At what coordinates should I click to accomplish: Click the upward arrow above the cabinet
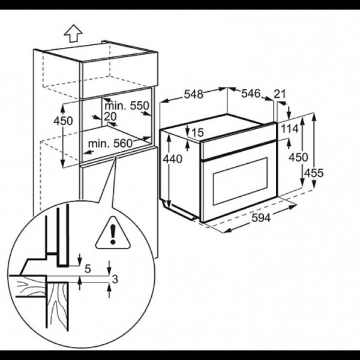pyautogui.click(x=73, y=33)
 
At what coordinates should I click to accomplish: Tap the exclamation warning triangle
pyautogui.click(x=113, y=233)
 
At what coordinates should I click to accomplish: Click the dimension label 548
pyautogui.click(x=194, y=94)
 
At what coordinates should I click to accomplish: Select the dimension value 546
pyautogui.click(x=251, y=93)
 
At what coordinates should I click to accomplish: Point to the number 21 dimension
pyautogui.click(x=280, y=94)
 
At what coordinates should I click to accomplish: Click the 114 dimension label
pyautogui.click(x=290, y=128)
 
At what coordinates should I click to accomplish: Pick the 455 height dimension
pyautogui.click(x=314, y=173)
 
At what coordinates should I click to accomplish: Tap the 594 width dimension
pyautogui.click(x=261, y=217)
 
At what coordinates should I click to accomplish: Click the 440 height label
pyautogui.click(x=172, y=158)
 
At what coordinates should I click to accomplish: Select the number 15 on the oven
pyautogui.click(x=197, y=133)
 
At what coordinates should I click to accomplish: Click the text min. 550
pyautogui.click(x=127, y=106)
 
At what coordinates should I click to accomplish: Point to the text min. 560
pyautogui.click(x=110, y=143)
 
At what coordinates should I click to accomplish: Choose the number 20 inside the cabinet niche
pyautogui.click(x=110, y=116)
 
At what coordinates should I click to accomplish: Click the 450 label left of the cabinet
pyautogui.click(x=63, y=121)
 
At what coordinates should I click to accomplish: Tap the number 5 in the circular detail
pyautogui.click(x=88, y=268)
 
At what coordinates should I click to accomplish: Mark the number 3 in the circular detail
pyautogui.click(x=115, y=279)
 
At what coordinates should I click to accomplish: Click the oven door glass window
pyautogui.click(x=241, y=181)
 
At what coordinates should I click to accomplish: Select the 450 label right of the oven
pyautogui.click(x=298, y=157)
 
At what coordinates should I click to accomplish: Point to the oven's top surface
pyautogui.click(x=218, y=127)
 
